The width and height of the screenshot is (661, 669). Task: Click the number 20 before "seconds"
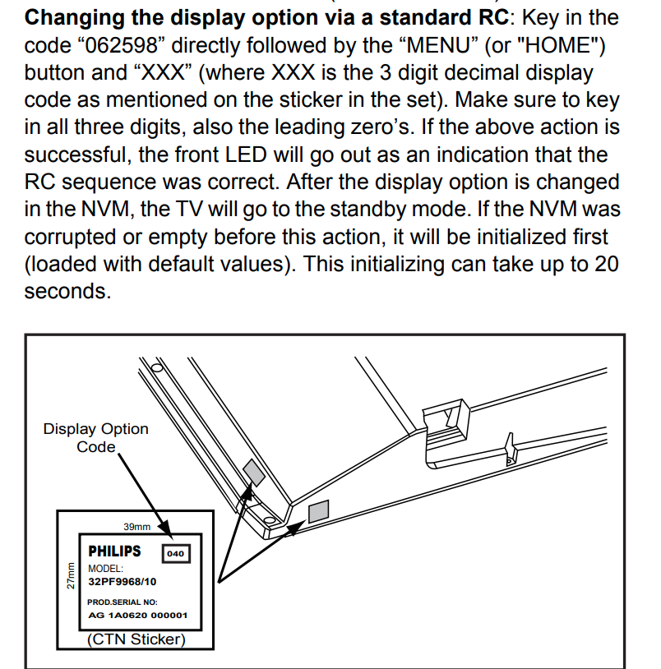tap(604, 264)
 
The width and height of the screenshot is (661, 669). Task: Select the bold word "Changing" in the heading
tap(82, 16)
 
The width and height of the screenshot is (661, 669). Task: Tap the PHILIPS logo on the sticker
tap(114, 551)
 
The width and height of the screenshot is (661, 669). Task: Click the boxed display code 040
tap(175, 553)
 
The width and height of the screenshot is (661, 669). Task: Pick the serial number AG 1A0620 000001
tap(137, 615)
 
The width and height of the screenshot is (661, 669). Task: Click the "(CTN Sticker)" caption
tap(136, 639)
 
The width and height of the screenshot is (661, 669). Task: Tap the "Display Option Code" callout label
tap(96, 437)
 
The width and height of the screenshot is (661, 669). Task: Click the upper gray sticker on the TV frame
tap(254, 471)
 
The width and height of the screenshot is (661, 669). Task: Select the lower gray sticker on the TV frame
tap(318, 512)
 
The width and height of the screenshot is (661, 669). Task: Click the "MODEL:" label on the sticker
tap(105, 568)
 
